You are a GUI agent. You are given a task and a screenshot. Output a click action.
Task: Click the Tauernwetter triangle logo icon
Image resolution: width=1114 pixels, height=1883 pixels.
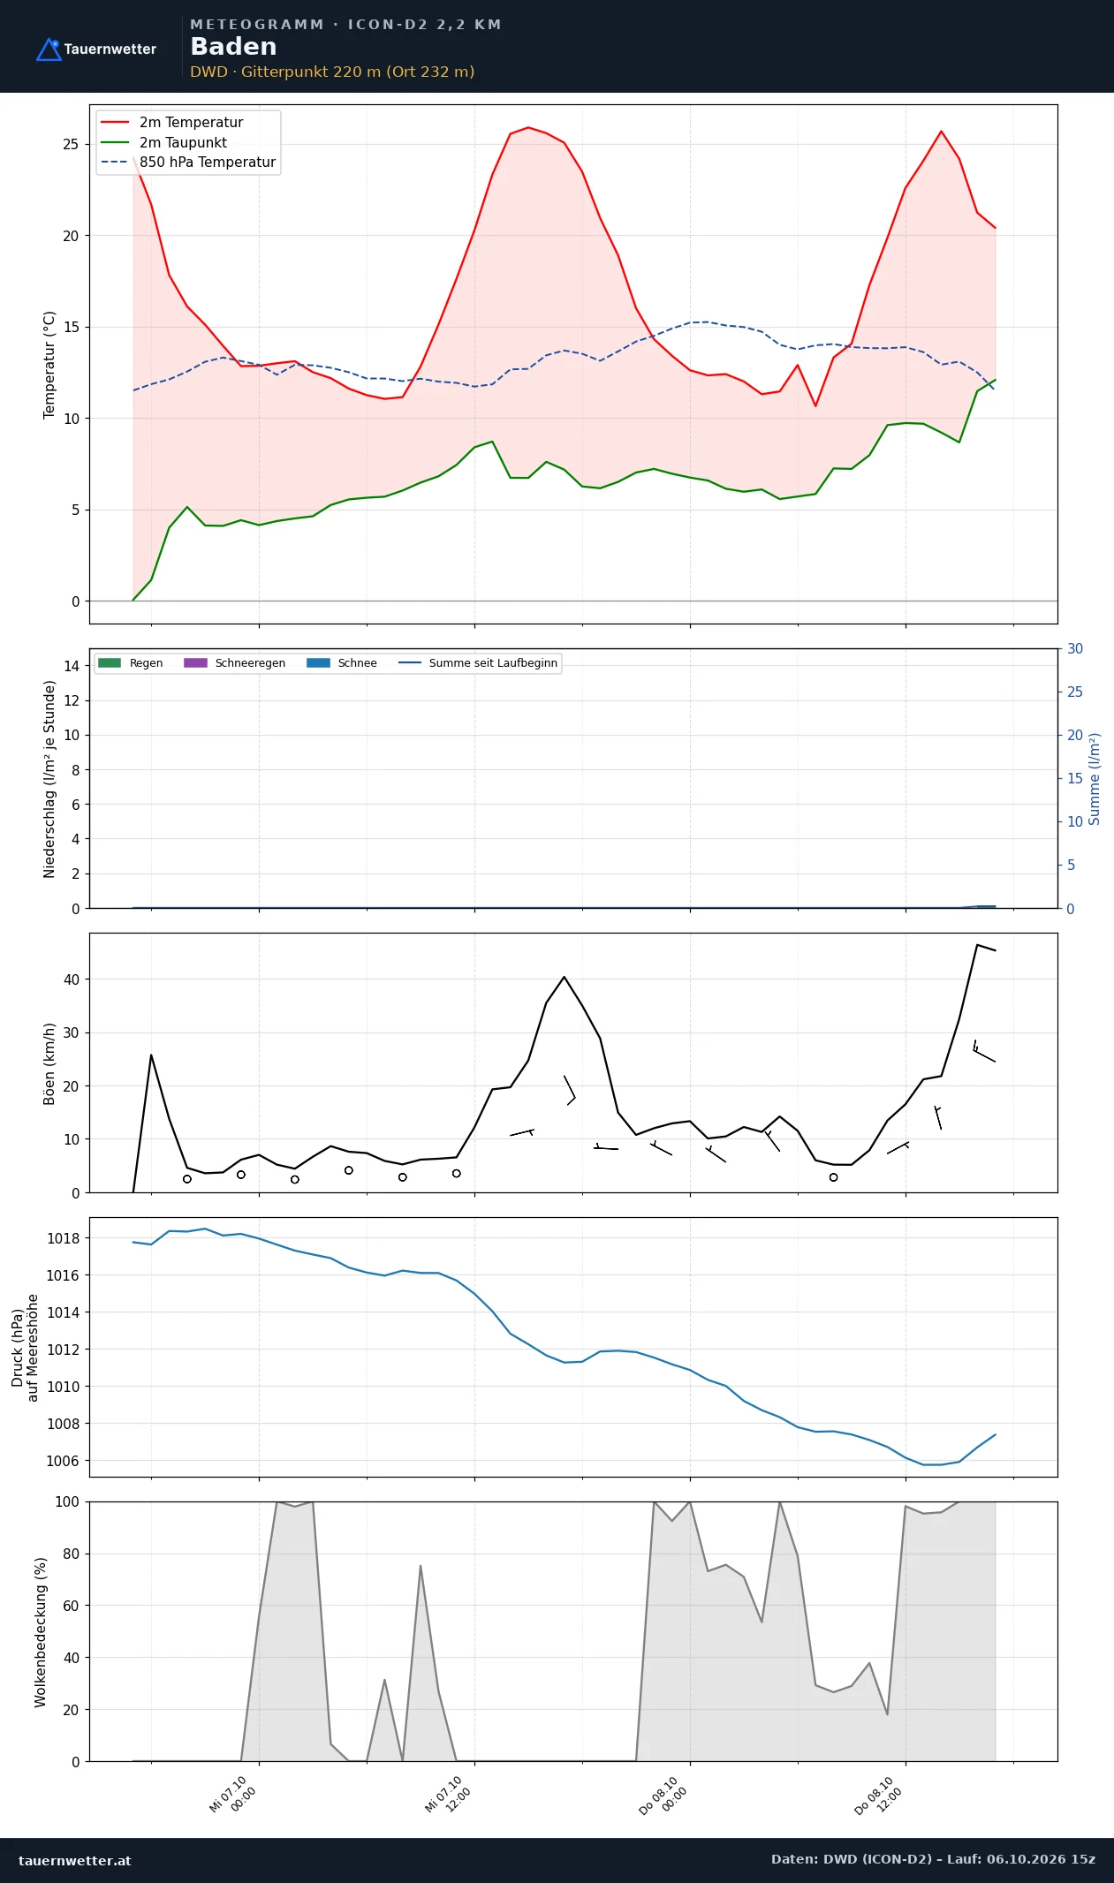click(x=49, y=49)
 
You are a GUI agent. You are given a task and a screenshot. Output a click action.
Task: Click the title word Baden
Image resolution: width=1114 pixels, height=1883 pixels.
click(x=233, y=47)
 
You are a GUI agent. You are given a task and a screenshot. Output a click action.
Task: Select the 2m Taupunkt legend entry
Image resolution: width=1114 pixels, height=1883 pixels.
click(x=163, y=142)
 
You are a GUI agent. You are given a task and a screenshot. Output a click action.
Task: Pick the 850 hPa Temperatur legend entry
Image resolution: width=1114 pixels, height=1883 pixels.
click(x=188, y=163)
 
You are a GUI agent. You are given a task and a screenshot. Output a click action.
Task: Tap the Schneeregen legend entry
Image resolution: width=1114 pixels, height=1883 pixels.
click(x=234, y=663)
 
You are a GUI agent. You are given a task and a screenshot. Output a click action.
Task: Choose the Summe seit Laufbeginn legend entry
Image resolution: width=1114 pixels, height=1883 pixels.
click(x=478, y=663)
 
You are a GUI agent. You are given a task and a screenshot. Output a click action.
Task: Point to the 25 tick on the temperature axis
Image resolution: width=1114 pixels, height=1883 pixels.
click(x=71, y=144)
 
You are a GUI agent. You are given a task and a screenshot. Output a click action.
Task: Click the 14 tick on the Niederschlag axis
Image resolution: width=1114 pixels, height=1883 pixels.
click(x=72, y=666)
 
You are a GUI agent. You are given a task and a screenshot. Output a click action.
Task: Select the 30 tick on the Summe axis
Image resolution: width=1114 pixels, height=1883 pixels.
click(x=1075, y=648)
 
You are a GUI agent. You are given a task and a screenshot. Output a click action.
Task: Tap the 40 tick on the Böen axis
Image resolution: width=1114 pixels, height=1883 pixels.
click(x=72, y=979)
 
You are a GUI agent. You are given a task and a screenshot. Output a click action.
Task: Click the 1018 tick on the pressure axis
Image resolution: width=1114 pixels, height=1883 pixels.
click(x=63, y=1238)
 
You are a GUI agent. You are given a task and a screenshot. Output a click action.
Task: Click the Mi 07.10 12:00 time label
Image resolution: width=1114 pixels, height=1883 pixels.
click(x=449, y=1795)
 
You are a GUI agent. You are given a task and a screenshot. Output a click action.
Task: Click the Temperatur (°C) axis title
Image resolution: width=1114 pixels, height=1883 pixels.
click(x=49, y=365)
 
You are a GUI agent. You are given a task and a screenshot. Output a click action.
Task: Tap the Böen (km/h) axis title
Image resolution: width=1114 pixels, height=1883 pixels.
click(x=49, y=1063)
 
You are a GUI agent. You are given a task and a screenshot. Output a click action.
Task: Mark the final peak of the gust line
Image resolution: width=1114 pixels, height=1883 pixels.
click(x=977, y=945)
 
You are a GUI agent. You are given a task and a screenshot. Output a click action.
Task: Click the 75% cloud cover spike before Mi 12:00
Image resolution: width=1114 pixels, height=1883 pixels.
click(x=421, y=1566)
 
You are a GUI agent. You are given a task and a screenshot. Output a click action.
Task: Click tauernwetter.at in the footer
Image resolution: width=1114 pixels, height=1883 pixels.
click(x=74, y=1860)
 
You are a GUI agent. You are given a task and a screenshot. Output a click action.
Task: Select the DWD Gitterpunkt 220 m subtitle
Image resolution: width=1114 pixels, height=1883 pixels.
click(x=332, y=72)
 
